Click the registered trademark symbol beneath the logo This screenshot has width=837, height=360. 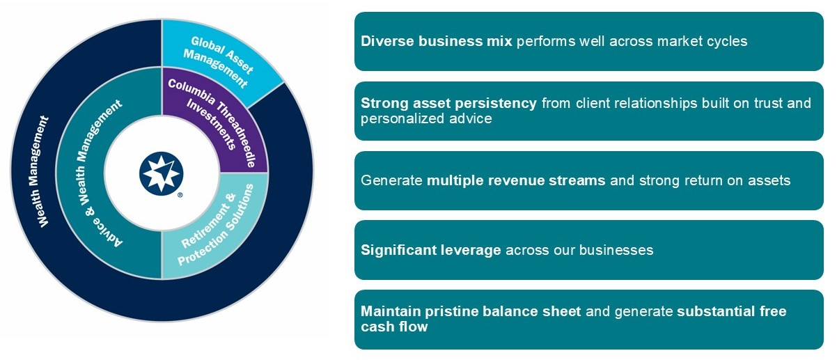click(x=180, y=196)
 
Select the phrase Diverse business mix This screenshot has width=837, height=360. click(x=436, y=41)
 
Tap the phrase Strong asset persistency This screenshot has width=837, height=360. click(x=448, y=103)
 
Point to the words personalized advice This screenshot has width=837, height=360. click(x=426, y=118)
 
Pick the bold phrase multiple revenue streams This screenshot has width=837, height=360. click(x=516, y=180)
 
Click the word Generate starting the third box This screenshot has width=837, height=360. click(x=391, y=180)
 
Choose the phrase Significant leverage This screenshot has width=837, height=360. click(x=430, y=249)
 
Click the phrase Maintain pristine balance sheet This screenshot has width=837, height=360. click(x=470, y=311)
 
